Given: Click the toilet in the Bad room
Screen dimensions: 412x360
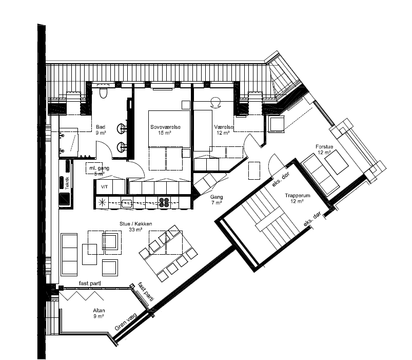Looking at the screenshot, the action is pos(104,93).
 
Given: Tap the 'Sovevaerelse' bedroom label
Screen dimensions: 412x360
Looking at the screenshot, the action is pos(166,127).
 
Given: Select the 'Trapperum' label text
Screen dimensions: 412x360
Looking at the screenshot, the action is pos(298,196).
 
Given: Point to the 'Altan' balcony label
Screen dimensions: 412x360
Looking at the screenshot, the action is pos(99,311).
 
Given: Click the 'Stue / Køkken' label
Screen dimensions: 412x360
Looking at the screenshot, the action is pos(136,224).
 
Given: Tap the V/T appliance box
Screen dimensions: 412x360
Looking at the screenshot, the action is pos(104,187).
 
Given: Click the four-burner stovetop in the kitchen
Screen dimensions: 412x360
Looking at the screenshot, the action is pos(164,202).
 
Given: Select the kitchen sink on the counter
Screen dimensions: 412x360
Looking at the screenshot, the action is pos(127,203).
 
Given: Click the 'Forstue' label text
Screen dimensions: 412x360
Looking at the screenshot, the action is pos(324,147).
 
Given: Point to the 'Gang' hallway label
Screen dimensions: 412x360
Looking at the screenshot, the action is pos(217,197).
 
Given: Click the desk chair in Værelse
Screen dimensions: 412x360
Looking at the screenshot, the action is pos(216,102).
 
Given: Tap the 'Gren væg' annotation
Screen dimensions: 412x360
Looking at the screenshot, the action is pos(126,321).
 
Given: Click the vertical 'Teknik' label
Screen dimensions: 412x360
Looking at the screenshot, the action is pos(67,183).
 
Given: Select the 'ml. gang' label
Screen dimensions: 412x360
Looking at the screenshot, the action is pos(99,168).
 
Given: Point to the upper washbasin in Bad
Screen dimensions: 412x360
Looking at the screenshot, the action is pos(122,129).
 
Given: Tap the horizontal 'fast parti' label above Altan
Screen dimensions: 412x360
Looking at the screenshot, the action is pos(90,283).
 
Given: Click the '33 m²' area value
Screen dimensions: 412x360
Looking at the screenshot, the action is pos(135,230).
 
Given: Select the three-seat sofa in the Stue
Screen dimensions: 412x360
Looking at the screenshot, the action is pos(69,255).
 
